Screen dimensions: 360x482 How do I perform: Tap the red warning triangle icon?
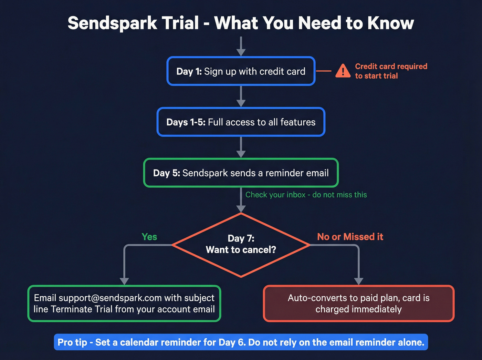click(x=343, y=71)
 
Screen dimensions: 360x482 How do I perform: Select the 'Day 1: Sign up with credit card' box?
click(x=241, y=71)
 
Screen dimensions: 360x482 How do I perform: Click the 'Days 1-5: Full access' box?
click(x=241, y=122)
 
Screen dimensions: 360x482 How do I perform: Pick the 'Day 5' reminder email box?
click(x=241, y=173)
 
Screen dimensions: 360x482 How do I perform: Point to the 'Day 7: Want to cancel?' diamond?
click(x=241, y=245)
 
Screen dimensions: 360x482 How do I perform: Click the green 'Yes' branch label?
click(x=149, y=237)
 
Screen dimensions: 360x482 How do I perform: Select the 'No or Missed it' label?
click(x=350, y=237)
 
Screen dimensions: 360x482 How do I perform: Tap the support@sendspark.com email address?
click(x=110, y=298)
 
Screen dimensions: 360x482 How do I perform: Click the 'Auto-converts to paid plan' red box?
click(x=359, y=304)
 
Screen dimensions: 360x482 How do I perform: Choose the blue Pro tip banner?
click(x=241, y=342)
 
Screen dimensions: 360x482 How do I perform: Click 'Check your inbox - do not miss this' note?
click(x=306, y=195)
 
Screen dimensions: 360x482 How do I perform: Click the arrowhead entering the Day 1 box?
click(x=241, y=52)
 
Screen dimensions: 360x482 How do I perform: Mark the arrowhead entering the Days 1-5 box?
click(x=241, y=103)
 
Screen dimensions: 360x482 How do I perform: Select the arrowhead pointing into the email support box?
click(x=124, y=281)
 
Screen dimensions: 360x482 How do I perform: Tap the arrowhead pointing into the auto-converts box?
click(x=359, y=281)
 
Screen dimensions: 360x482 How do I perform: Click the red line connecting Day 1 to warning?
click(x=324, y=71)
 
